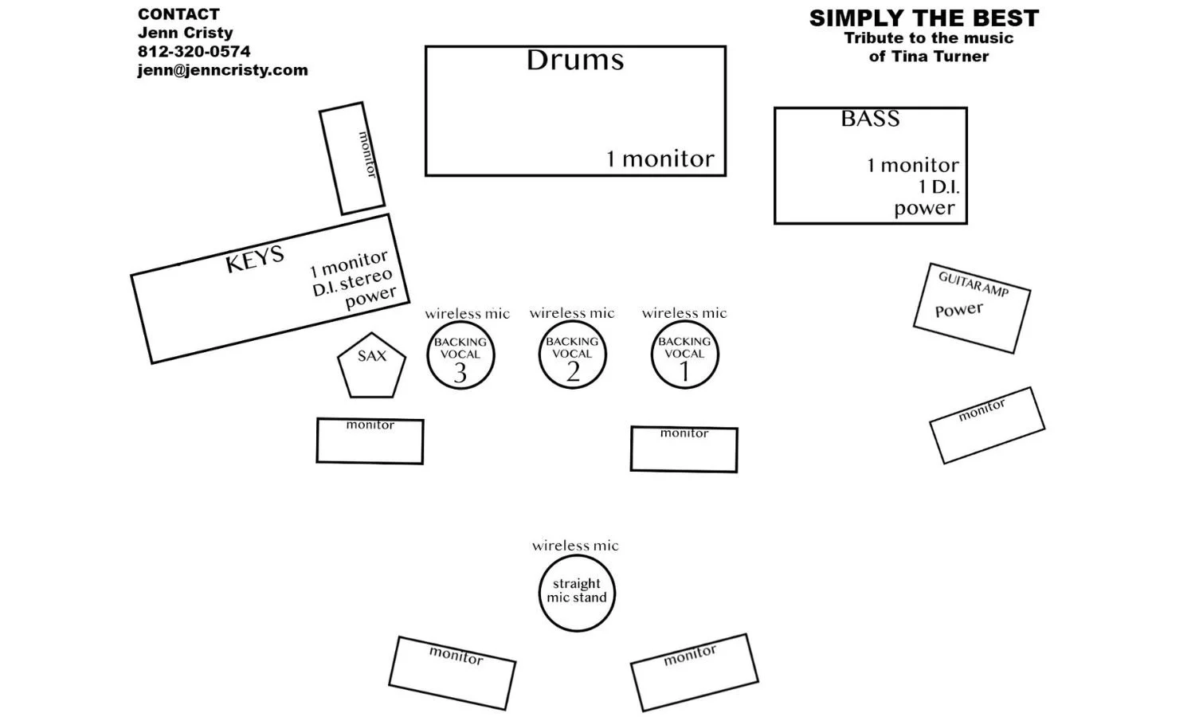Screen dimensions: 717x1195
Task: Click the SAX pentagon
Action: click(x=371, y=366)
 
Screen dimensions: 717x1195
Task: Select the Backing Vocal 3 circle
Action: click(x=460, y=355)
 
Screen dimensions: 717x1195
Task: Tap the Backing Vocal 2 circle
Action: click(x=572, y=355)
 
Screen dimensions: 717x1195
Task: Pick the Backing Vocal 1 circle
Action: click(x=684, y=355)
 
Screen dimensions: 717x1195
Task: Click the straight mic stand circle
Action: click(x=577, y=594)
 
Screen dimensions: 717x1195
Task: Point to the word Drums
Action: click(x=574, y=61)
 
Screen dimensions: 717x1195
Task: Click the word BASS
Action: click(x=870, y=119)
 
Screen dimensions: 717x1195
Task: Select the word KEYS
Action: click(x=254, y=259)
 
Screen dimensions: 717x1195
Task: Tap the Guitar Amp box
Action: click(x=971, y=308)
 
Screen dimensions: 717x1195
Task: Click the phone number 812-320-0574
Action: click(x=194, y=52)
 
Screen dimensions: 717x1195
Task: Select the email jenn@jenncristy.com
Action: click(x=222, y=70)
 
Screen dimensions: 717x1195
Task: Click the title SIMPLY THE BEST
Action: click(x=923, y=18)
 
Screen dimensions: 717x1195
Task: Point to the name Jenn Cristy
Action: click(x=185, y=33)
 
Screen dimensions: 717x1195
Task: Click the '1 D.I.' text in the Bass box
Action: click(x=938, y=187)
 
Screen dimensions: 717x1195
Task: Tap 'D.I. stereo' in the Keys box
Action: click(x=352, y=282)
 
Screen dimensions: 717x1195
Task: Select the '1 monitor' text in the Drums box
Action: click(x=660, y=159)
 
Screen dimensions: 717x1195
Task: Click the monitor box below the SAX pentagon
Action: click(x=370, y=441)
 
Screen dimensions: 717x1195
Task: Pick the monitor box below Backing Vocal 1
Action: click(x=684, y=449)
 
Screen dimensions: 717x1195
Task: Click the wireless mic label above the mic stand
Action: click(x=575, y=546)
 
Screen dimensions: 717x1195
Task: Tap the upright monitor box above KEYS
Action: click(x=352, y=158)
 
